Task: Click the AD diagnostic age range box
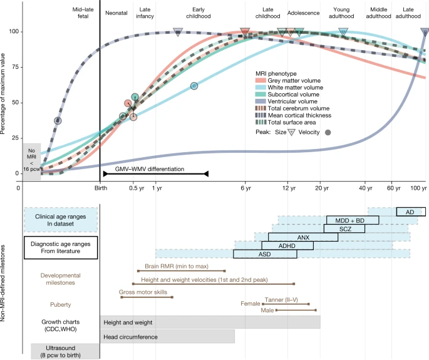pos(410,212)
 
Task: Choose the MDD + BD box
pos(353,220)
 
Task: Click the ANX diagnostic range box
pos(303,237)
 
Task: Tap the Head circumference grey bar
pos(167,337)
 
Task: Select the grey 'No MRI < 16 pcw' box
pos(31,161)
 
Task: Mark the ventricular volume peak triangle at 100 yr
pos(425,32)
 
